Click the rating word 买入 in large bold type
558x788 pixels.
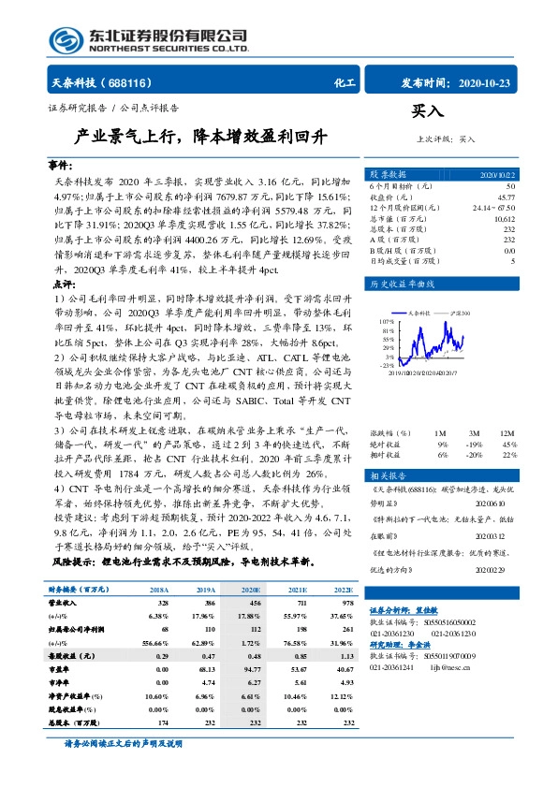click(427, 111)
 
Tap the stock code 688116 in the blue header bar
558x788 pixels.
click(131, 82)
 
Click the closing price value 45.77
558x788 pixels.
click(506, 197)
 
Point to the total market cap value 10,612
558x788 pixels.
click(503, 218)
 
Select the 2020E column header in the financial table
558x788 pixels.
click(250, 591)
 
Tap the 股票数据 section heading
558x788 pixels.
click(386, 175)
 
